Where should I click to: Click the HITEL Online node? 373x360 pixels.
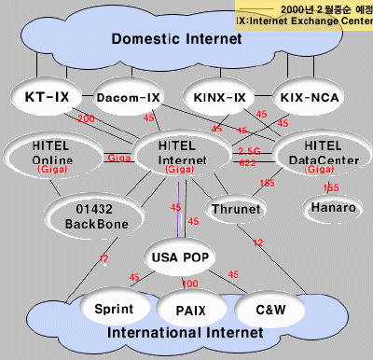click(x=46, y=156)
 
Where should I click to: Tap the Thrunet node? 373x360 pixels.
click(x=236, y=210)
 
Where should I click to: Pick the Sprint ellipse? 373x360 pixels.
click(x=116, y=309)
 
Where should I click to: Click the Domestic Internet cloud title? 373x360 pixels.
click(x=176, y=39)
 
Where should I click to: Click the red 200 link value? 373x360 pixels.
click(x=87, y=119)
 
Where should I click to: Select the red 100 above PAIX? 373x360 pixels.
click(x=189, y=284)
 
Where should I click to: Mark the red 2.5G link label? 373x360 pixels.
click(x=249, y=150)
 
